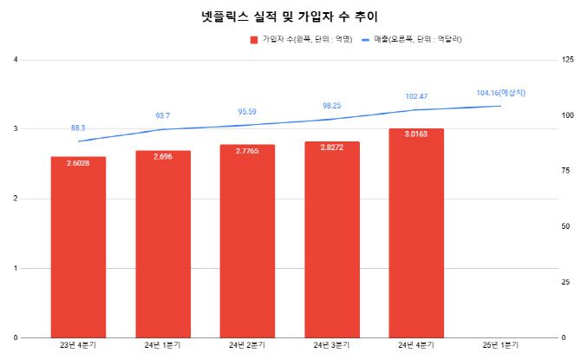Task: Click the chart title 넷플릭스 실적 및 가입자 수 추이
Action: click(x=290, y=16)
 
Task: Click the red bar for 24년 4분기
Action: click(x=417, y=233)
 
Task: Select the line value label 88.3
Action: click(x=78, y=128)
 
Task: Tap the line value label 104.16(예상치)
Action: click(x=501, y=93)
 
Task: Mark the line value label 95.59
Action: click(x=247, y=111)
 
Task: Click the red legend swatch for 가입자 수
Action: click(x=254, y=40)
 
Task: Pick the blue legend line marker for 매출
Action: click(x=366, y=40)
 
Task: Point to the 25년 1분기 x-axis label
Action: click(x=501, y=346)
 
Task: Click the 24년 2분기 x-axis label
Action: click(x=247, y=346)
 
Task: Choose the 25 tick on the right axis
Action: click(x=565, y=282)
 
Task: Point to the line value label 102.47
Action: click(x=417, y=96)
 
